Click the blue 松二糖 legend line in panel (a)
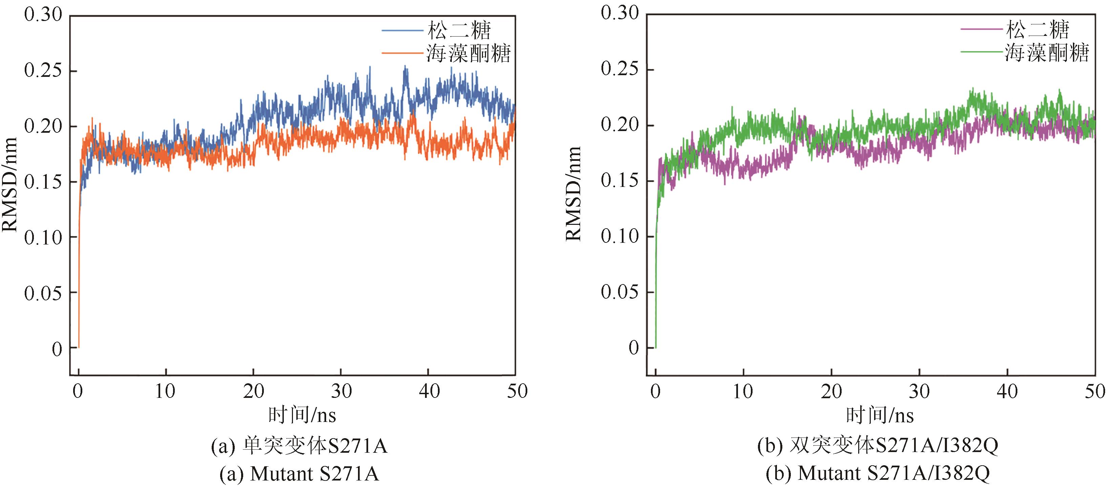[x=402, y=30]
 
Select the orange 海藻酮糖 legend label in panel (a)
[x=468, y=54]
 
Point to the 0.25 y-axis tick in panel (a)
[x=43, y=70]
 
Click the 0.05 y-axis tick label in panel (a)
[x=43, y=294]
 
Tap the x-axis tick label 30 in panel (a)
[x=341, y=391]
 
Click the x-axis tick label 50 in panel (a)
[x=517, y=391]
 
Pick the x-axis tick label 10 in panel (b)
[x=743, y=392]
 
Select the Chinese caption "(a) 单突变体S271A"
[x=299, y=446]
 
